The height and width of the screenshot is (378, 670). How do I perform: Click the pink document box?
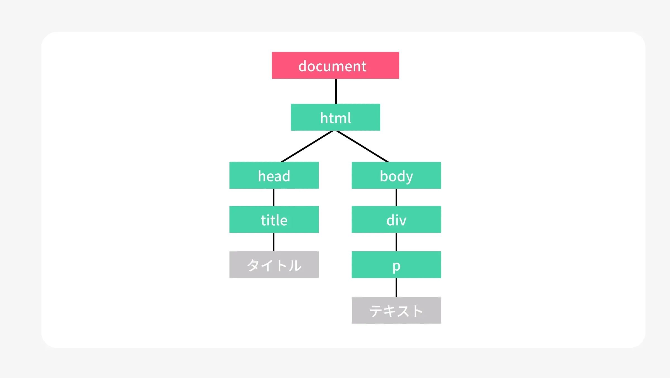pyautogui.click(x=335, y=65)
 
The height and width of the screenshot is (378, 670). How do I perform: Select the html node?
pyautogui.click(x=335, y=117)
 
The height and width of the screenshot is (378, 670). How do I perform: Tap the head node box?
pyautogui.click(x=274, y=175)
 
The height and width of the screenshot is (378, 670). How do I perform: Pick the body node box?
pyautogui.click(x=396, y=175)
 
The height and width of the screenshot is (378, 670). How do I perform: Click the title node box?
pyautogui.click(x=274, y=219)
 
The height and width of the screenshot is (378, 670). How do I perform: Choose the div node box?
pyautogui.click(x=396, y=219)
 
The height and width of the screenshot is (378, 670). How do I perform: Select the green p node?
pyautogui.click(x=396, y=265)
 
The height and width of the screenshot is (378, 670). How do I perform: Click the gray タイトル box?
pyautogui.click(x=274, y=265)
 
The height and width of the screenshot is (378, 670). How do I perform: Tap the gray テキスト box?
pyautogui.click(x=396, y=310)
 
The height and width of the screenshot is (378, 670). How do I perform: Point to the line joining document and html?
pyautogui.click(x=336, y=91)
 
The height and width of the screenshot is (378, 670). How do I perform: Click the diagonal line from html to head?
pyautogui.click(x=307, y=146)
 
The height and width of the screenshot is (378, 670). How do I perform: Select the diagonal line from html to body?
pyautogui.click(x=362, y=146)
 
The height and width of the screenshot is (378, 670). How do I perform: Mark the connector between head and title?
pyautogui.click(x=274, y=197)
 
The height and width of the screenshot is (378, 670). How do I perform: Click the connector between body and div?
pyautogui.click(x=396, y=197)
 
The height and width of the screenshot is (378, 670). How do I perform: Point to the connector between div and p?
pyautogui.click(x=396, y=242)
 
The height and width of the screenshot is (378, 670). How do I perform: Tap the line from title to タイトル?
pyautogui.click(x=274, y=242)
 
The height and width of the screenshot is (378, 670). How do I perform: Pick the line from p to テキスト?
pyautogui.click(x=396, y=288)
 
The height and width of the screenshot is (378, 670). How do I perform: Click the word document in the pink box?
pyautogui.click(x=332, y=66)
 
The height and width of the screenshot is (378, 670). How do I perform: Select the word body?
pyautogui.click(x=396, y=176)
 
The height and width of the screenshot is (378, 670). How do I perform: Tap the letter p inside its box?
pyautogui.click(x=396, y=267)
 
